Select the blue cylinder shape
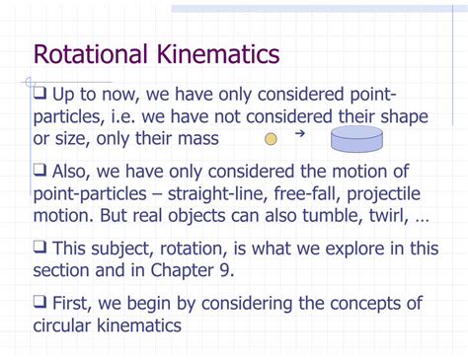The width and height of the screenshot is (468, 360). tap(356, 139)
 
